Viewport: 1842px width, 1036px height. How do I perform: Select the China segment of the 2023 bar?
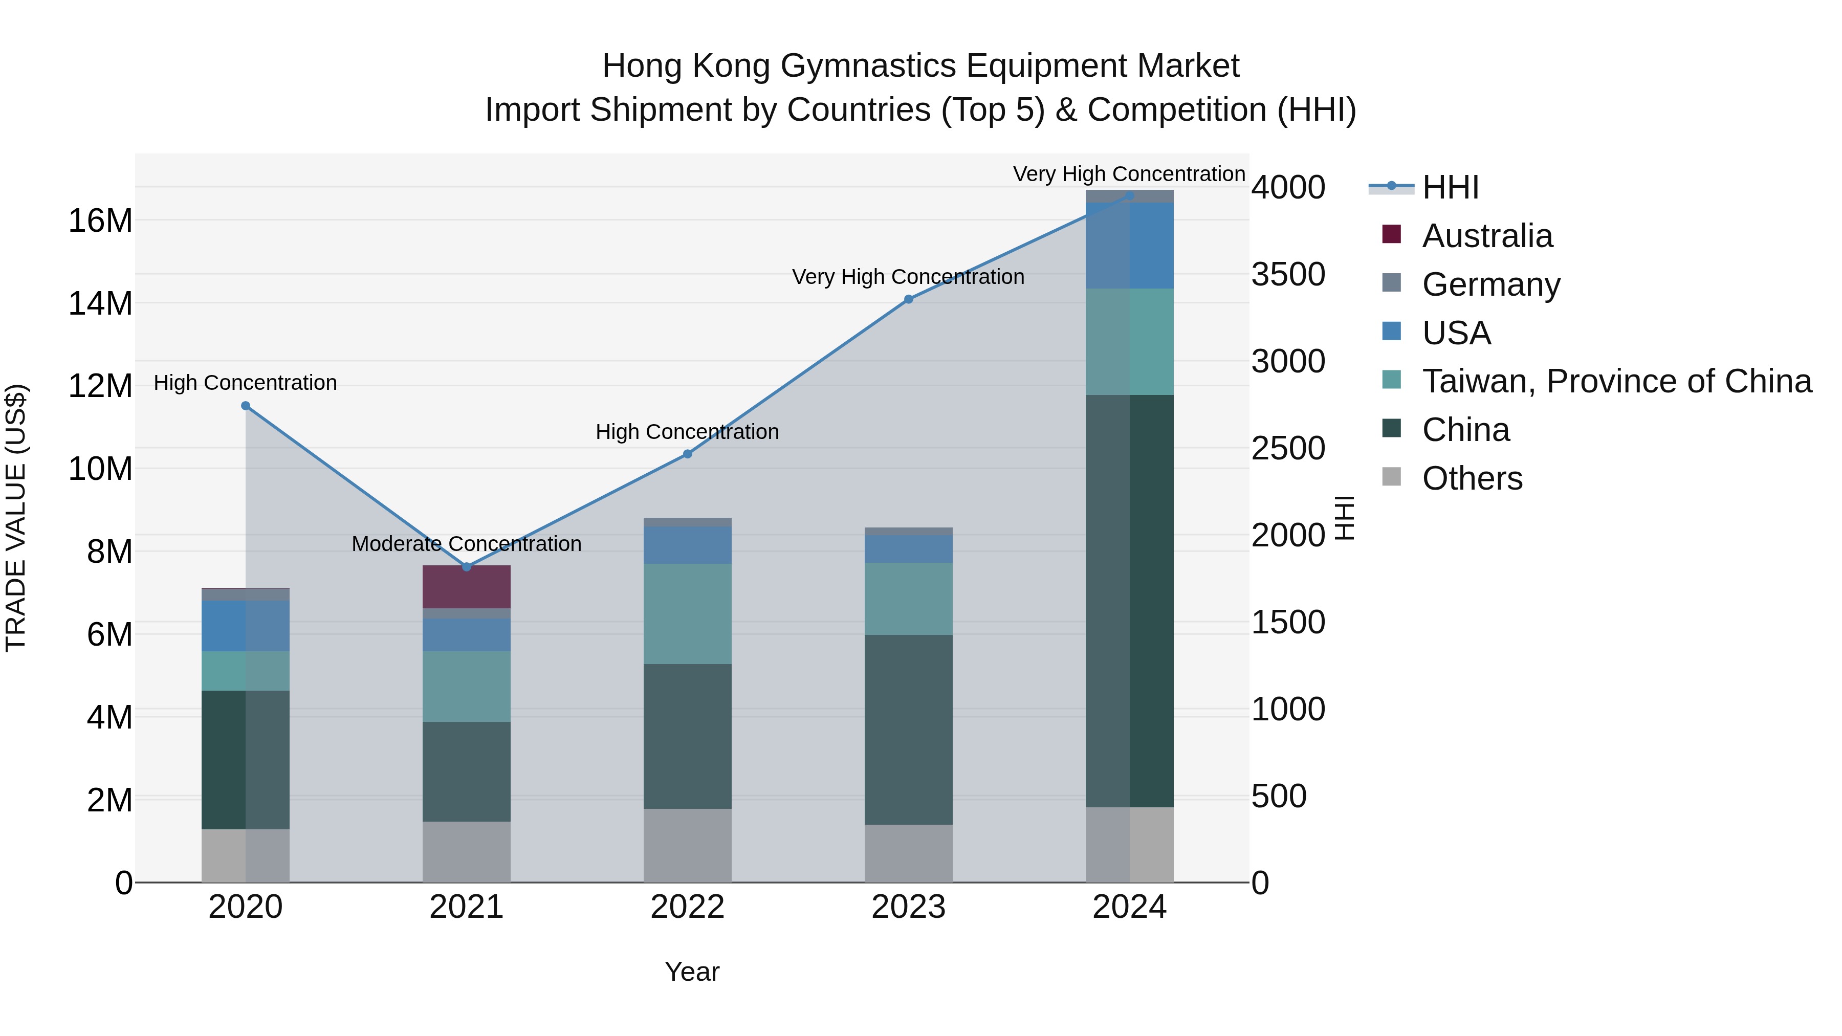908,729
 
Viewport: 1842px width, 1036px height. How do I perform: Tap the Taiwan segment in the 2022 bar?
687,613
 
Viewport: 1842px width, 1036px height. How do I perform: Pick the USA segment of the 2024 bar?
1129,245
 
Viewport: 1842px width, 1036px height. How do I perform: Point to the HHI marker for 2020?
245,405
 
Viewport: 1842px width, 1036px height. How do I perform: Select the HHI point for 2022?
687,454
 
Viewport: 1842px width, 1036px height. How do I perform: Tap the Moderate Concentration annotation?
466,544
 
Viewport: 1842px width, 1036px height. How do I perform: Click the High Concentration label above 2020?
245,383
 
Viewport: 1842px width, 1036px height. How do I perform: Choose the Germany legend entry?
1491,284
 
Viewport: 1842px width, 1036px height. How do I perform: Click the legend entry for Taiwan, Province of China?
1616,381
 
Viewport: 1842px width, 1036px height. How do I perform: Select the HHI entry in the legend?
1450,187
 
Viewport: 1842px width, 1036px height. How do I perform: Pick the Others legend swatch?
1392,477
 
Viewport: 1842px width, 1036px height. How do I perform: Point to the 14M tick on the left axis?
100,304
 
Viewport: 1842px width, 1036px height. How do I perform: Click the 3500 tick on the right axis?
1288,275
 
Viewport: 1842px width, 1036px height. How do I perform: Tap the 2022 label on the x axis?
687,907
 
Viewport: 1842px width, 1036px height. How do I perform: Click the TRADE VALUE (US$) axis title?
16,518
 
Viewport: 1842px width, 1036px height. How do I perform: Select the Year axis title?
691,972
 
